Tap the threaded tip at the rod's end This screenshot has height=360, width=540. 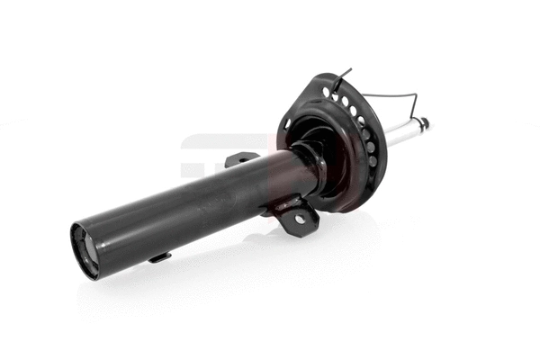pyautogui.click(x=425, y=122)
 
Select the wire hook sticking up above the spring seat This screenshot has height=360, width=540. pyautogui.click(x=345, y=76)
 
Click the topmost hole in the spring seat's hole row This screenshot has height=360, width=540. pyautogui.click(x=325, y=91)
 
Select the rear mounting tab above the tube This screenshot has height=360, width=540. pyautogui.click(x=241, y=159)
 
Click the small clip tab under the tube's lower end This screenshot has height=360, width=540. pyautogui.click(x=159, y=257)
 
